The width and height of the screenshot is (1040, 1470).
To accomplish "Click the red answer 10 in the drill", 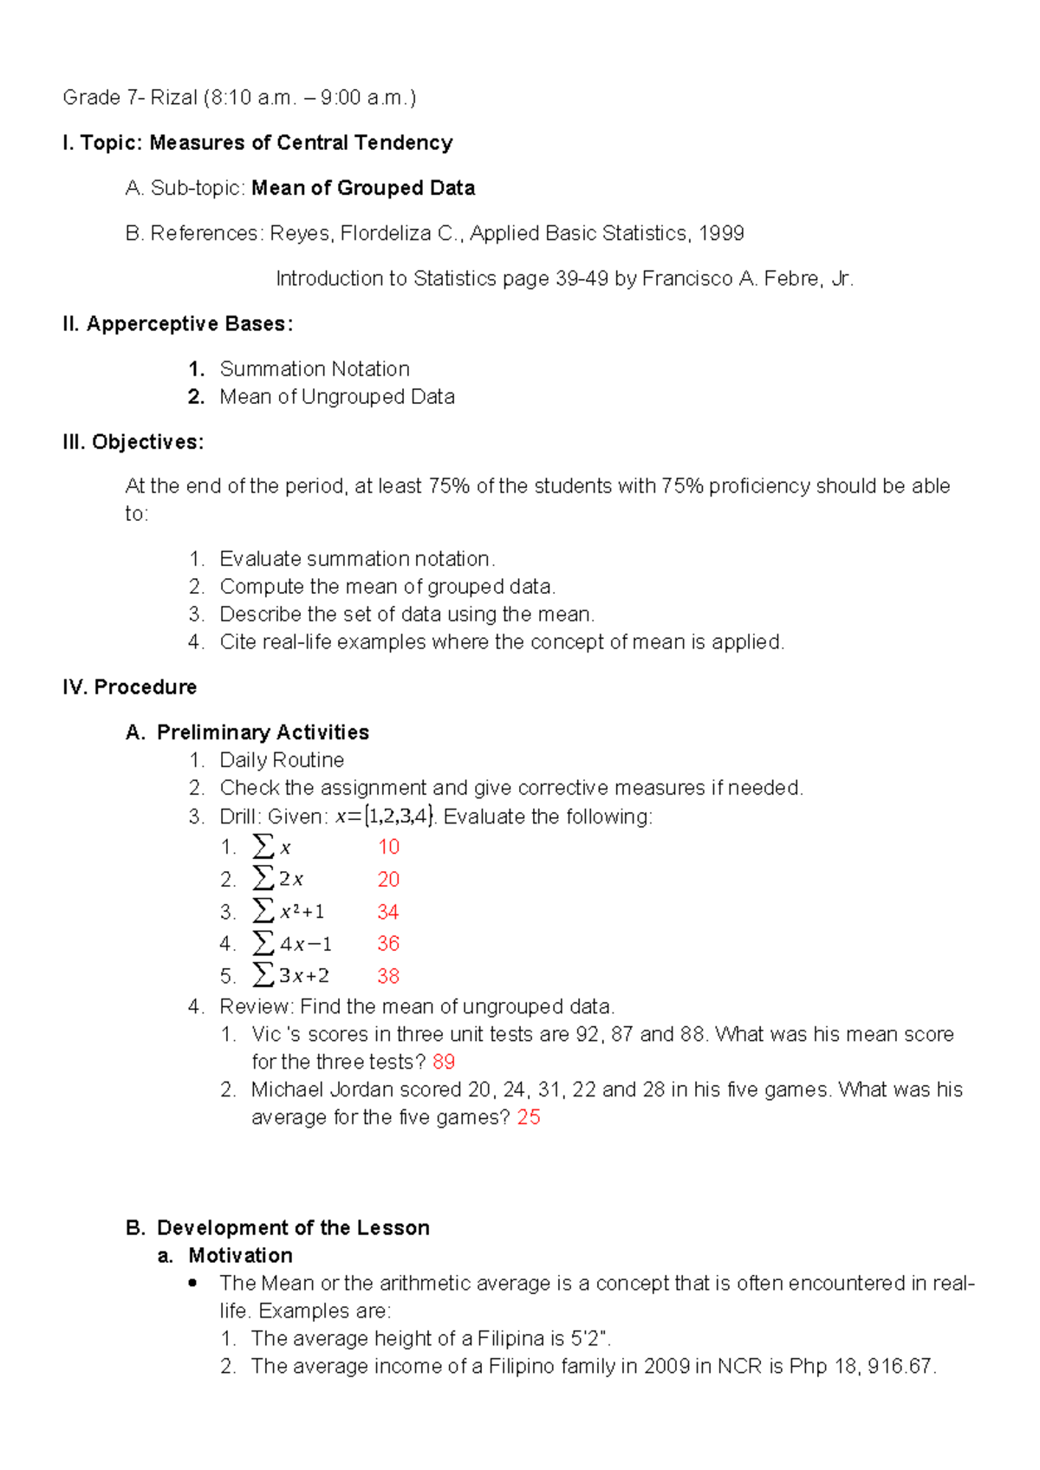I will tap(388, 847).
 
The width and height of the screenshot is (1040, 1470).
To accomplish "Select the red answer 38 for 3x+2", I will tap(388, 976).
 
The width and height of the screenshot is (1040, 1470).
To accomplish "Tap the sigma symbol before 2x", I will tap(263, 878).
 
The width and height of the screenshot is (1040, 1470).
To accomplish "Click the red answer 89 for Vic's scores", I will tap(444, 1062).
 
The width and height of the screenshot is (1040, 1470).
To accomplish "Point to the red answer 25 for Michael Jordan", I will tap(529, 1117).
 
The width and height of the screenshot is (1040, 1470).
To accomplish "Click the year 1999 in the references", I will tap(721, 233).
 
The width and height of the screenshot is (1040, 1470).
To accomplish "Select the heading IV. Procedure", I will tap(130, 687).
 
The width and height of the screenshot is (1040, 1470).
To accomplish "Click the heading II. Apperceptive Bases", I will tap(178, 324).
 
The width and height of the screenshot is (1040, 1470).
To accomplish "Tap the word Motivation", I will tap(240, 1256).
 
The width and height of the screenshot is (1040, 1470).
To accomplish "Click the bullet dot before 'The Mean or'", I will tap(193, 1283).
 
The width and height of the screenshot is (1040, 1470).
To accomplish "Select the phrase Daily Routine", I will tap(282, 760).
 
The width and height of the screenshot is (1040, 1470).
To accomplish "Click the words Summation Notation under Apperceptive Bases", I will tap(315, 369).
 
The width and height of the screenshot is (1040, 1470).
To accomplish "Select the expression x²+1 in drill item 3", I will tap(302, 912).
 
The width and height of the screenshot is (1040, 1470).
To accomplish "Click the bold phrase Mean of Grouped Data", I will tap(363, 188).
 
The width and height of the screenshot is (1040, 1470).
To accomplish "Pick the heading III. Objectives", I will tap(133, 442).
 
